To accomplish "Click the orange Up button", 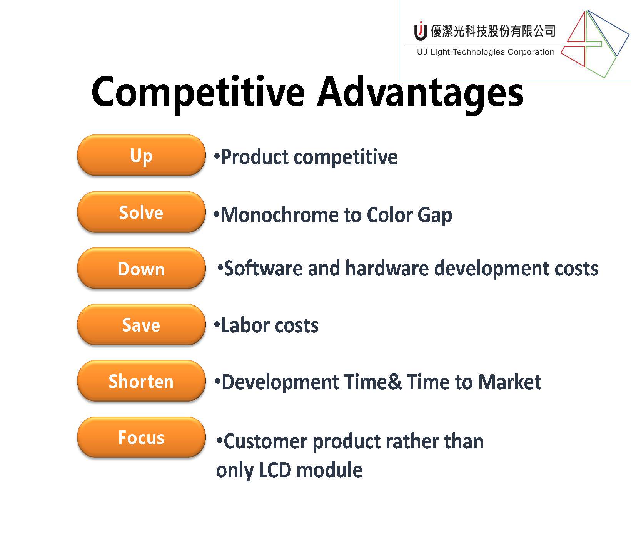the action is click(141, 155).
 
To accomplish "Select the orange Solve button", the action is click(141, 212).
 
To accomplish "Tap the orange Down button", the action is click(141, 268).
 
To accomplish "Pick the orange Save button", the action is click(141, 325).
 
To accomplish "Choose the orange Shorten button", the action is click(141, 381).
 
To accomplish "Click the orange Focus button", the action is click(141, 437).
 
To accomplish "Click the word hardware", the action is click(387, 268).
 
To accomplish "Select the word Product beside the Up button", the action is click(255, 157).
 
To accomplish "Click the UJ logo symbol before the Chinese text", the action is click(421, 31).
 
